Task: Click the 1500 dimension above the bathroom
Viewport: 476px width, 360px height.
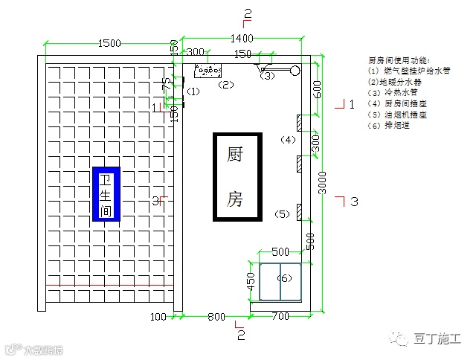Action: point(109,44)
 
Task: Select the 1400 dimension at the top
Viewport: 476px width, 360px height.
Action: point(242,38)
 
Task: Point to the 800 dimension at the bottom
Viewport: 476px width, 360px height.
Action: point(216,316)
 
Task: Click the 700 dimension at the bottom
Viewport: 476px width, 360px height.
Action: point(280,316)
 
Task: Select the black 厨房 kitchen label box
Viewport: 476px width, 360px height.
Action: point(237,176)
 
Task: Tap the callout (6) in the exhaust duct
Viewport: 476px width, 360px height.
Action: point(285,278)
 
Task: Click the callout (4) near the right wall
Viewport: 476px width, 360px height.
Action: point(287,140)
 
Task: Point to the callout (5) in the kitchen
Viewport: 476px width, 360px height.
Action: point(282,214)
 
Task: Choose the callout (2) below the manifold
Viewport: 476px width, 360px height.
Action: point(225,85)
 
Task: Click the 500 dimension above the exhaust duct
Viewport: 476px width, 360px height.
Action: point(280,252)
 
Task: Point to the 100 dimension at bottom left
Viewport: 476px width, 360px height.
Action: point(158,318)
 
